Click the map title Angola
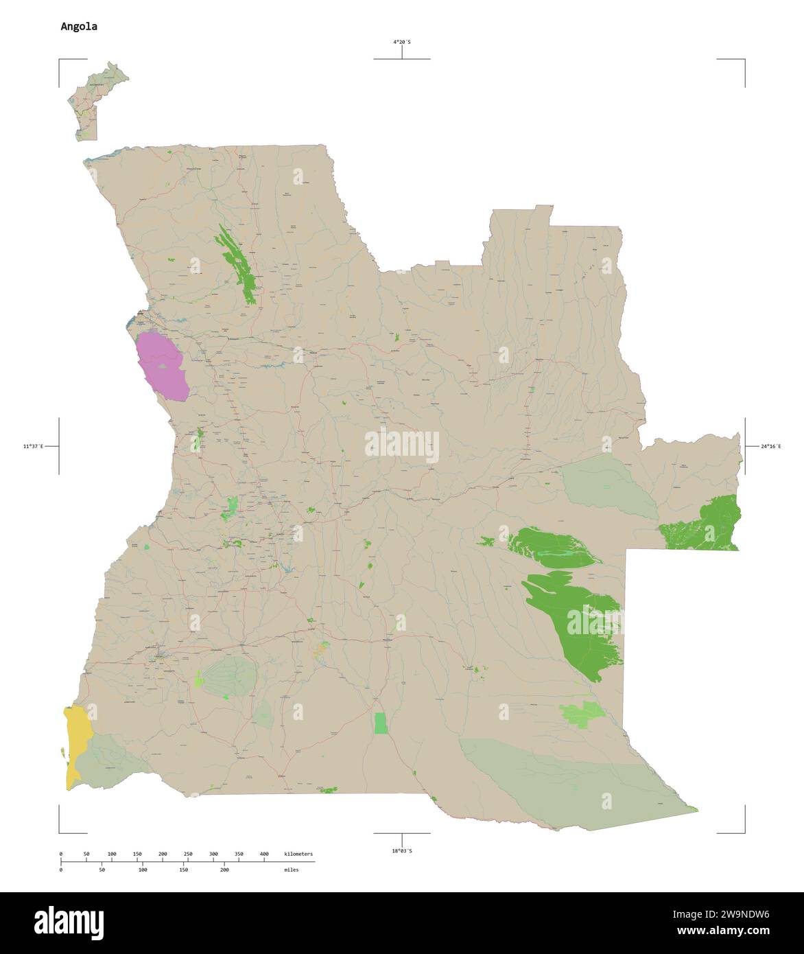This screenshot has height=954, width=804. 79,27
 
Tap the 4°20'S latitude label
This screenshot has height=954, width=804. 402,43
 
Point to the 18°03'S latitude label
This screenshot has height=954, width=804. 402,851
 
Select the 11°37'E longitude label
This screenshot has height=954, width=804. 33,447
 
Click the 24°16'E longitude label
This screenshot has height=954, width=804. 771,447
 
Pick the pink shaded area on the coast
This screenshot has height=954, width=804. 162,367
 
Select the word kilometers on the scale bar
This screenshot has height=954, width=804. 298,854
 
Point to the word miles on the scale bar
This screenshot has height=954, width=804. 292,870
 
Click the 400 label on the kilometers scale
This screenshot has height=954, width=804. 264,854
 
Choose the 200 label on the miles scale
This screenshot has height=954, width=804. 224,870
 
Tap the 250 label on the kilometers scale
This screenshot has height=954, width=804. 188,854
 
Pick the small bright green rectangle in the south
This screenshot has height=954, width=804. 381,723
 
